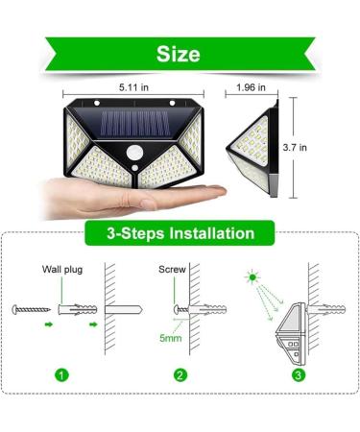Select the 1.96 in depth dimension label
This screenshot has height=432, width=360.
[253, 86]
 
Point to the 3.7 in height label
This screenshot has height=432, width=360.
[324, 148]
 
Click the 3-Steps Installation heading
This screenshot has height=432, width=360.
[180, 233]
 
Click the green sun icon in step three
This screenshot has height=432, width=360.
[252, 277]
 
